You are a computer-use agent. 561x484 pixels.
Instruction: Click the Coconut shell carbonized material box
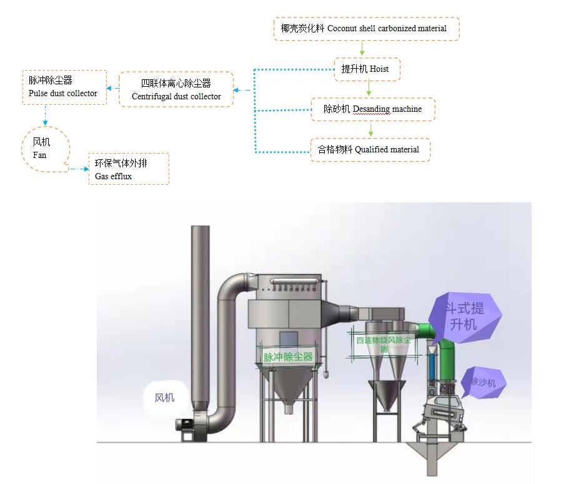(366, 29)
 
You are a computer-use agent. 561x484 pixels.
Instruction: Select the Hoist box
(366, 69)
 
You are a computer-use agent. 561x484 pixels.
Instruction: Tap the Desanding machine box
(372, 109)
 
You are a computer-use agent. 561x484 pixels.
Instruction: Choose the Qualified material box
(370, 150)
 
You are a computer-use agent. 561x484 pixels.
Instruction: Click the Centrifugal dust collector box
(176, 89)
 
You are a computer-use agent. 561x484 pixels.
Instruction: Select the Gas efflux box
(129, 169)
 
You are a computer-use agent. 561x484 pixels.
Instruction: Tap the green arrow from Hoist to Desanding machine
(368, 89)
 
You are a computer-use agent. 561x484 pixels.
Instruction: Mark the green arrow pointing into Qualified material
(370, 130)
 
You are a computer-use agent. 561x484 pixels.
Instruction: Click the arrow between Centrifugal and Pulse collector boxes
(112, 89)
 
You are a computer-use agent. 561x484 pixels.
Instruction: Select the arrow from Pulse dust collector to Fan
(45, 115)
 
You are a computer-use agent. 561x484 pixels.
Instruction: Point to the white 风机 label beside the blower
(165, 397)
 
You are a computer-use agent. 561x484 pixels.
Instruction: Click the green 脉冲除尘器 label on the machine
(287, 357)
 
